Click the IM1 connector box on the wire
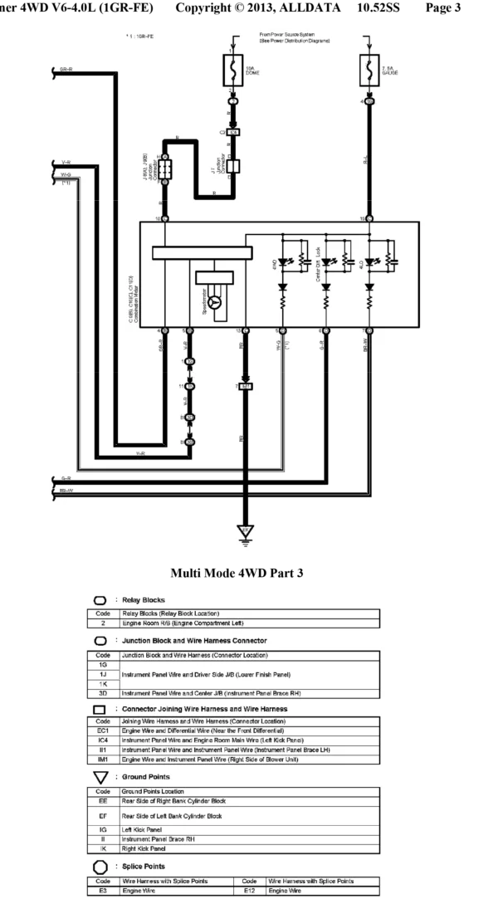pyautogui.click(x=245, y=387)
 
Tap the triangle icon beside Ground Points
pyautogui.click(x=100, y=776)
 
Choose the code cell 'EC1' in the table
pyautogui.click(x=102, y=731)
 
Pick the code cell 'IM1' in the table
pyautogui.click(x=102, y=760)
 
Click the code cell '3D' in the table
pyautogui.click(x=102, y=692)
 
